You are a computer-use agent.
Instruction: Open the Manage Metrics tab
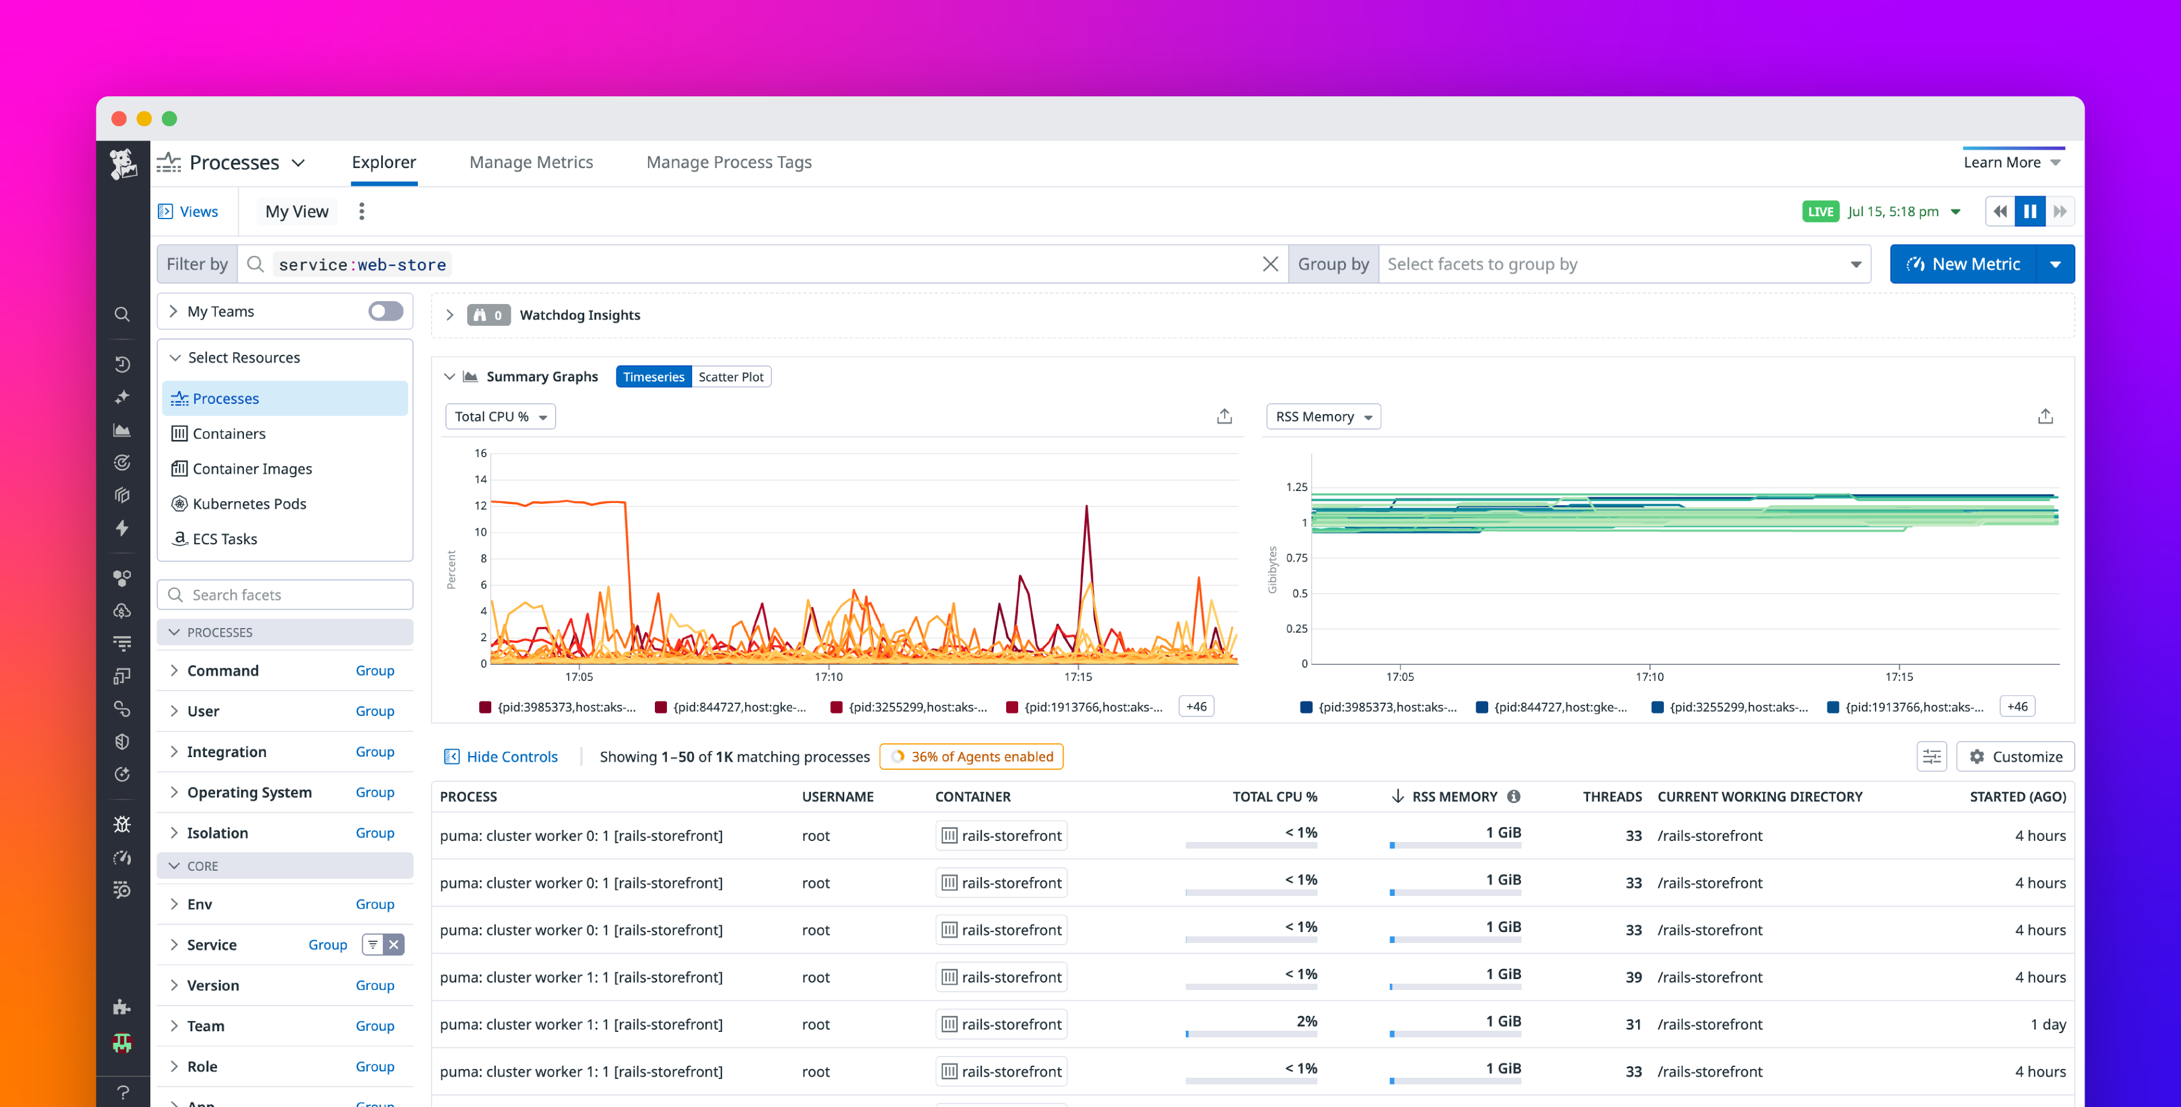[531, 162]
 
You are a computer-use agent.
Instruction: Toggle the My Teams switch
[385, 311]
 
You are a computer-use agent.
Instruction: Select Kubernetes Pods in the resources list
[249, 504]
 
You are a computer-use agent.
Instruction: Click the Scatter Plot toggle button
[730, 377]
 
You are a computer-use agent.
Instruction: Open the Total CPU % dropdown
[499, 416]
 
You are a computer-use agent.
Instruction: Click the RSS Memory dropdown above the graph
[1322, 416]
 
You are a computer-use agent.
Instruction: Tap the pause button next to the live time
[2029, 212]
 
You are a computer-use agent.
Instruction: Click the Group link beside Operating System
[374, 792]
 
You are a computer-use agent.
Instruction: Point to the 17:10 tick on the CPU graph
[828, 676]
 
